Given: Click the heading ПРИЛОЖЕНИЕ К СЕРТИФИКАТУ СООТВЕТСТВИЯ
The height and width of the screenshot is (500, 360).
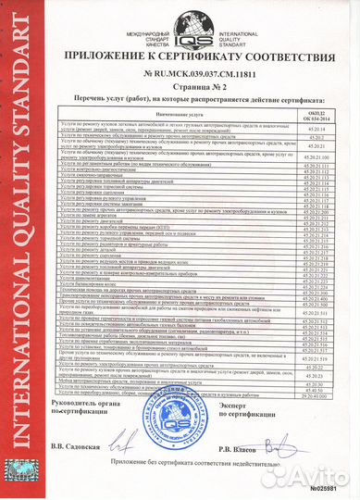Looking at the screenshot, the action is (198, 58).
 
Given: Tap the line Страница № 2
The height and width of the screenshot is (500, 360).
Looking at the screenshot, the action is (198, 90).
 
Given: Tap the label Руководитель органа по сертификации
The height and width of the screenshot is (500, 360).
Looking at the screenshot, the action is (88, 407).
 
